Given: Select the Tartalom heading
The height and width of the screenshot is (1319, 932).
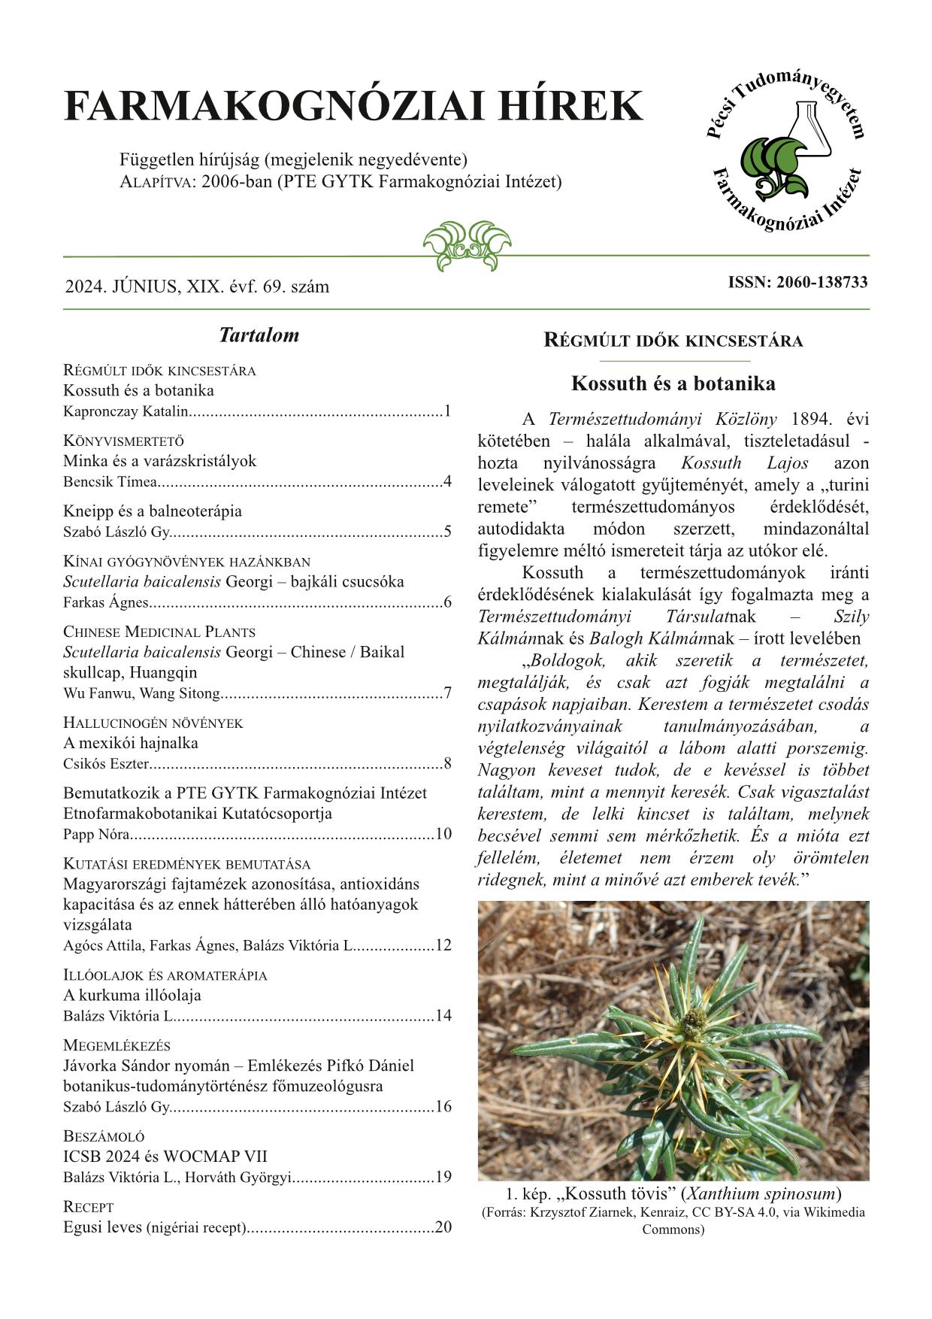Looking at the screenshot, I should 259,335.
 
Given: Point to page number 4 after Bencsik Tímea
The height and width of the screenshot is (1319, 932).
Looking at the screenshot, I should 448,482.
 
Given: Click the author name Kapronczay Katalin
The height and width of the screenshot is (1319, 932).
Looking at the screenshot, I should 126,411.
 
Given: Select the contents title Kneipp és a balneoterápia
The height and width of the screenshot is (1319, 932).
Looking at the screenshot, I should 153,511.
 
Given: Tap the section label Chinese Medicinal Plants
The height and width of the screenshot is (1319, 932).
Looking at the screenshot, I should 159,632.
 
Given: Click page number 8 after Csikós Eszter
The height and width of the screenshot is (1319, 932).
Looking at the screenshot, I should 448,764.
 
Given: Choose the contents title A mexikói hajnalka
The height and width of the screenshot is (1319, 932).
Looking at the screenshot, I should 131,743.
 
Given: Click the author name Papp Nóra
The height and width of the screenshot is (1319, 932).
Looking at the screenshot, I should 97,834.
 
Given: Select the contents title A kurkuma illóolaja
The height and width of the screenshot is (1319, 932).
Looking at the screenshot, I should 132,996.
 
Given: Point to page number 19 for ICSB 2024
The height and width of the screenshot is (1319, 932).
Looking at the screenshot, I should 443,1178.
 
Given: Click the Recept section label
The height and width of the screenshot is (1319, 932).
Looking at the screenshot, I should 89,1207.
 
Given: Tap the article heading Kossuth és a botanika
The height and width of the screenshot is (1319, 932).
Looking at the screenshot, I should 673,384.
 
